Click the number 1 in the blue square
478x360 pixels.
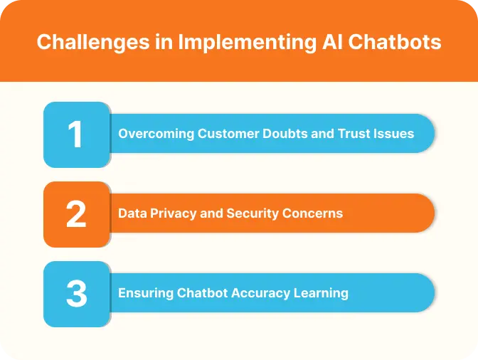click(75, 134)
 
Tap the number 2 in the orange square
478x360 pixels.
click(75, 214)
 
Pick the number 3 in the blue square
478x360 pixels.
click(75, 294)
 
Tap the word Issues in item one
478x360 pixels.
click(395, 134)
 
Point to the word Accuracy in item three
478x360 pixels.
click(261, 293)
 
